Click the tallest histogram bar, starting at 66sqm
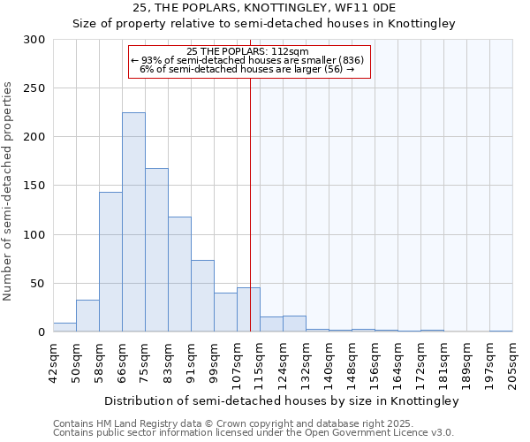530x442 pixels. pos(133,222)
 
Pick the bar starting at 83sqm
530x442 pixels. pos(179,274)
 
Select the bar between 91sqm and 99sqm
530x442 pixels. pos(202,296)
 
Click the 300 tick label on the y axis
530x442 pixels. pos(34,40)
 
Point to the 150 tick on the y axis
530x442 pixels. pos(34,186)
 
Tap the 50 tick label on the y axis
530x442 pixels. pos(38,284)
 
